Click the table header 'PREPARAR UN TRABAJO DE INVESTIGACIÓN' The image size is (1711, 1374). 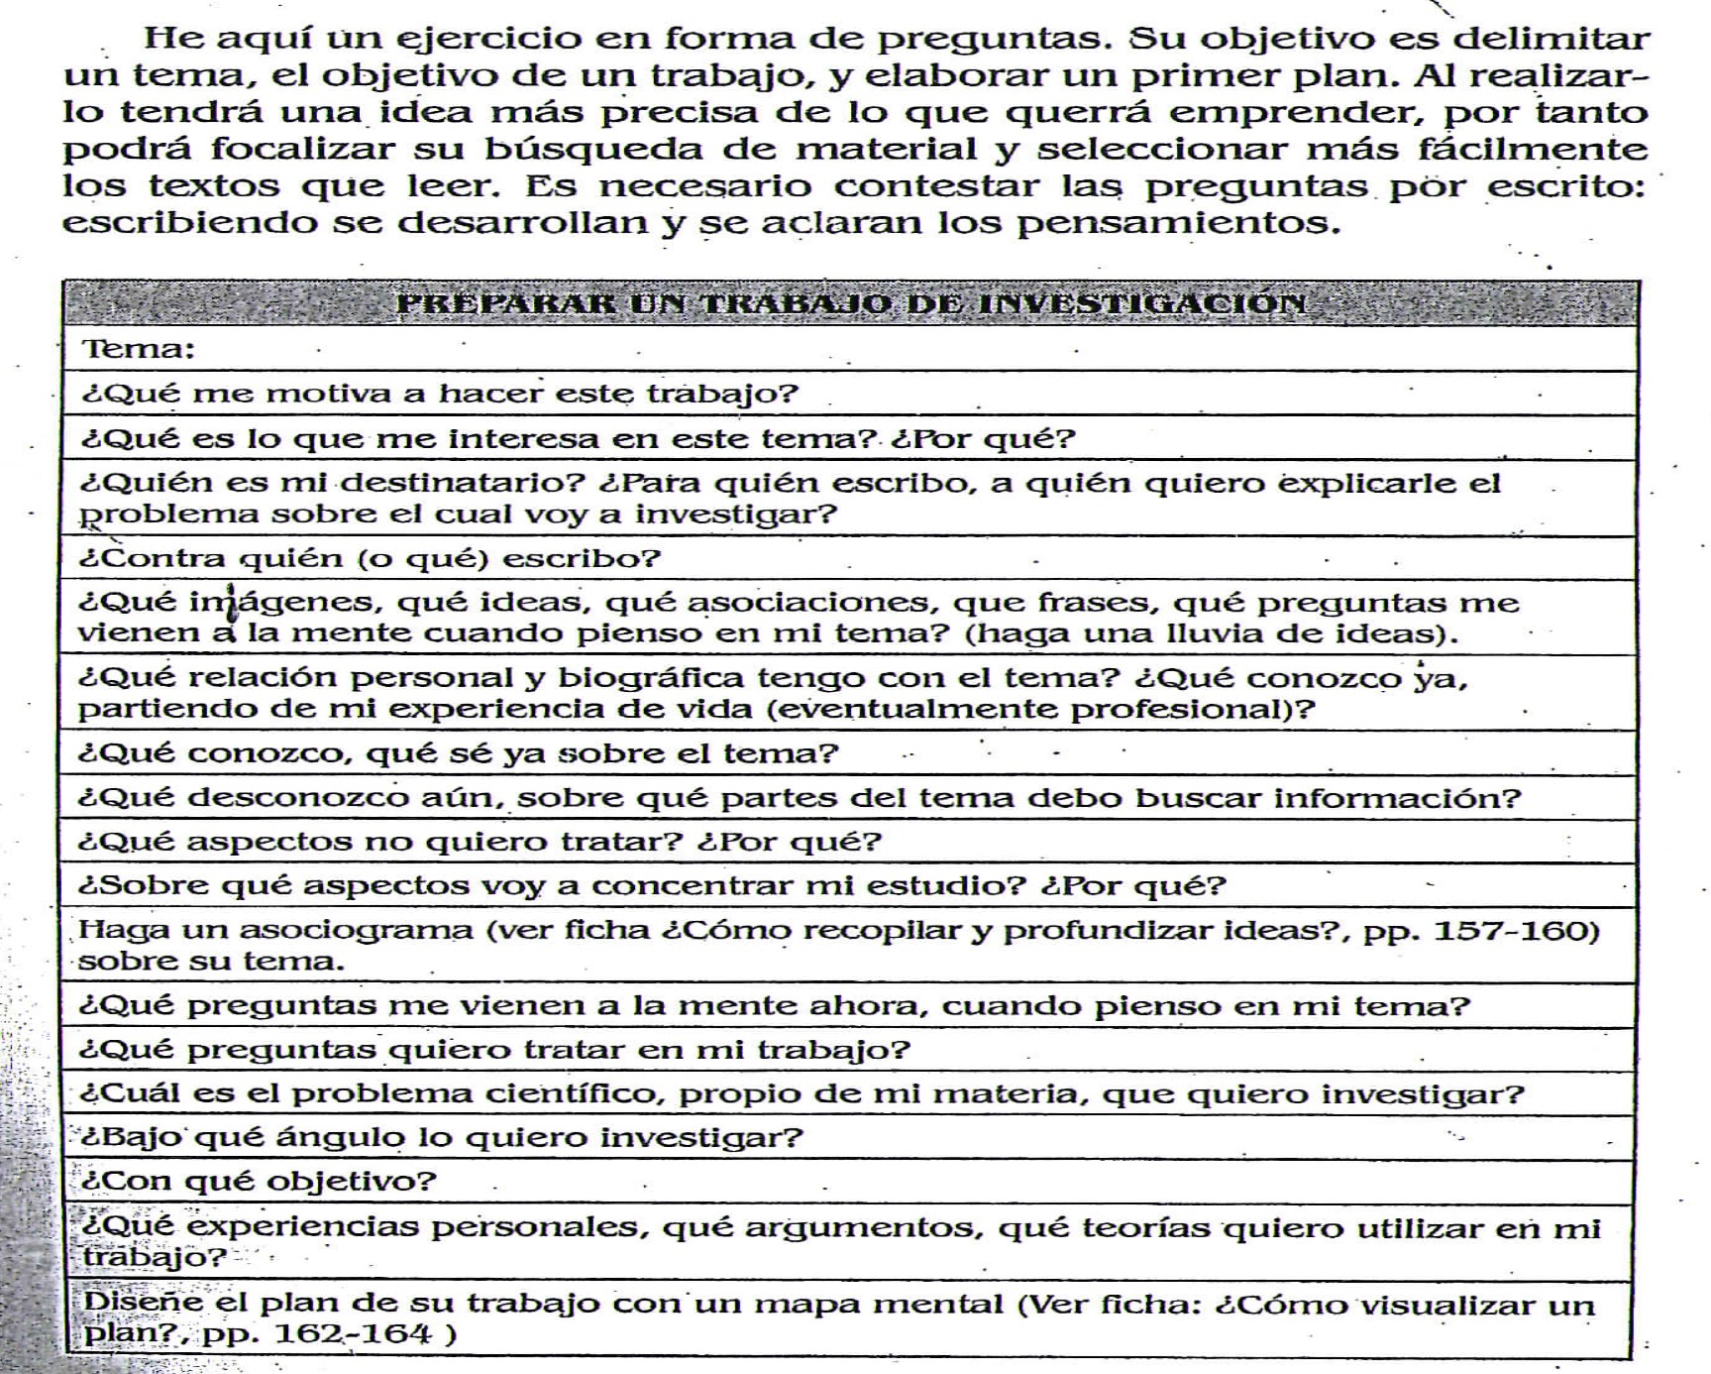click(x=850, y=303)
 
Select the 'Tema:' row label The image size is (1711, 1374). click(x=139, y=349)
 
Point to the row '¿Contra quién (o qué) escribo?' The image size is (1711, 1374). click(x=370, y=559)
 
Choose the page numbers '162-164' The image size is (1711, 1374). click(x=352, y=1333)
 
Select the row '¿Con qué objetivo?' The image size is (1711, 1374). click(x=259, y=1182)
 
